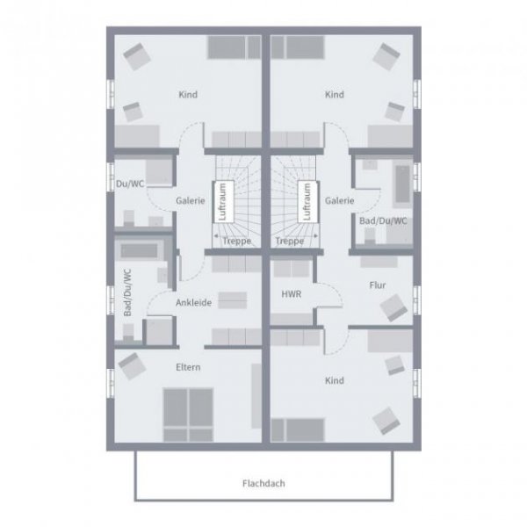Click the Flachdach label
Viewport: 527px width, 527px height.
(263, 483)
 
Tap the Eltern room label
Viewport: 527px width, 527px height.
(189, 366)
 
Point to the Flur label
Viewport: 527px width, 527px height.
(378, 285)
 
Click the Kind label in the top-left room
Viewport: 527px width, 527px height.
(187, 95)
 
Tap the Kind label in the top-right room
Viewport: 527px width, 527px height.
(334, 95)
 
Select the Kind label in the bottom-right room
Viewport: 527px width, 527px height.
(334, 381)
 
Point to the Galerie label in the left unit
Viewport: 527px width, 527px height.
(190, 200)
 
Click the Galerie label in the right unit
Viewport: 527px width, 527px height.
(339, 200)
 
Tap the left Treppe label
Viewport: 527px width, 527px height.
(236, 240)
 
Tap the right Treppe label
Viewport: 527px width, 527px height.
(290, 240)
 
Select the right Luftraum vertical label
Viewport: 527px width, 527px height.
(307, 201)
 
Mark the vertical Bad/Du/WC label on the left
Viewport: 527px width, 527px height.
(127, 293)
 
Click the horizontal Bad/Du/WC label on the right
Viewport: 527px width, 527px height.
(384, 221)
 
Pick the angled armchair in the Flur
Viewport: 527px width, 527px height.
(392, 307)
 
